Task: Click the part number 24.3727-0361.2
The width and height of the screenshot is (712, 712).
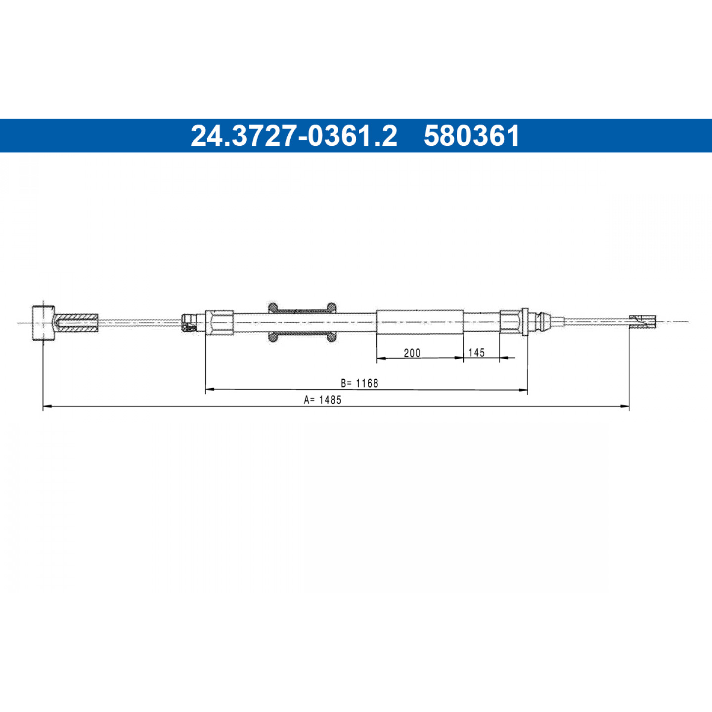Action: [x=294, y=135]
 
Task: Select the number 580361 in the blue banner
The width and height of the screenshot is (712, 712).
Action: [x=472, y=135]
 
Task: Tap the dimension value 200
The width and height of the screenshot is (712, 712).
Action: [x=412, y=353]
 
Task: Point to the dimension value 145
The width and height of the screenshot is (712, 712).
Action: [x=476, y=353]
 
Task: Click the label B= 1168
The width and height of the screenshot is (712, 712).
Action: [x=359, y=383]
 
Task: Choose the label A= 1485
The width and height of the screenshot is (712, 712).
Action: [x=322, y=400]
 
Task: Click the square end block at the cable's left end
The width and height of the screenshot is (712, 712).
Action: [x=43, y=323]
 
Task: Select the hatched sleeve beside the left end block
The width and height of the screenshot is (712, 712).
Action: [x=76, y=323]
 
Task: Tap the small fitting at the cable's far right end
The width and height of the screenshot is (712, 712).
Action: [x=643, y=321]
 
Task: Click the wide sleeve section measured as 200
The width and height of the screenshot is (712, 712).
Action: [x=420, y=322]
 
